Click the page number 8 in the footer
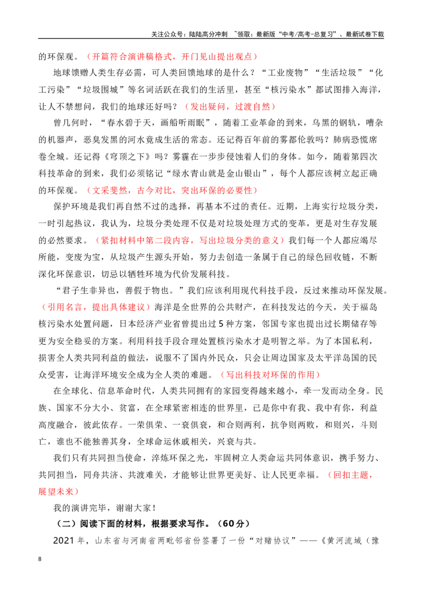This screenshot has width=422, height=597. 40,559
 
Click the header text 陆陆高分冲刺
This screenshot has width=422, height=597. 208,34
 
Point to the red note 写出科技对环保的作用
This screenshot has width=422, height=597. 271,374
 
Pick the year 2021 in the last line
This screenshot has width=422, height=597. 64,541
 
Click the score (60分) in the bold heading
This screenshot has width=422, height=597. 233,524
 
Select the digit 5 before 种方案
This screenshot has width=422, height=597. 221,324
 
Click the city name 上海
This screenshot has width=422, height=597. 312,206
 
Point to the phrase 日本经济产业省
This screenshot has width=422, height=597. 150,324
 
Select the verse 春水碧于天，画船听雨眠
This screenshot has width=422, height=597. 157,123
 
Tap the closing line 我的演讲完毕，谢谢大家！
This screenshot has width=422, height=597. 105,507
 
